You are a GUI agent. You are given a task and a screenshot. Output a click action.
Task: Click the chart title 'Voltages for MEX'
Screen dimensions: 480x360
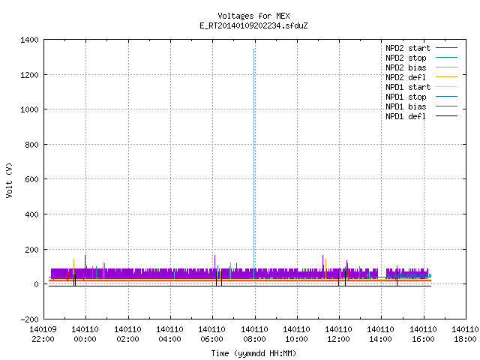(x=253, y=16)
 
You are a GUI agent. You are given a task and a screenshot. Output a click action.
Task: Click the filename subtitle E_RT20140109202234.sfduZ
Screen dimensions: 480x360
(x=253, y=25)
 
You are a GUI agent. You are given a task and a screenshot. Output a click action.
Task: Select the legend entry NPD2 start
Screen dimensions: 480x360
(x=408, y=48)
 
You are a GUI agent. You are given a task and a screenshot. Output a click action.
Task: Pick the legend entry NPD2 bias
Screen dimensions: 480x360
(x=406, y=67)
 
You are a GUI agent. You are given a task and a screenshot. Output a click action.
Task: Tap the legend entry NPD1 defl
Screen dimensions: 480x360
(x=406, y=116)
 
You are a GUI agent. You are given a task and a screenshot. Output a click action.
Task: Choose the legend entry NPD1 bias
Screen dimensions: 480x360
(x=406, y=106)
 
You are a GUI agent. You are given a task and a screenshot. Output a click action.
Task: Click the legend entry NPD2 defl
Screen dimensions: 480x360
(x=406, y=77)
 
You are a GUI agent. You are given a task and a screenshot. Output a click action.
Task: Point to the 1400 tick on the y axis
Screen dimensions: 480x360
(x=29, y=40)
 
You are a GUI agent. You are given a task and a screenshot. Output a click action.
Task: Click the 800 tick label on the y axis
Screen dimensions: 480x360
(x=31, y=145)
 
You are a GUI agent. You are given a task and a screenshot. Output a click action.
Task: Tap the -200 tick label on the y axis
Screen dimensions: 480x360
(x=29, y=319)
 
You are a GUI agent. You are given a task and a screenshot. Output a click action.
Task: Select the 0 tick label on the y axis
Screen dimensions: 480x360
(x=37, y=284)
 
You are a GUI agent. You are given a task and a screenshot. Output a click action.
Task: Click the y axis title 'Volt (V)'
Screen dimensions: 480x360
(x=10, y=180)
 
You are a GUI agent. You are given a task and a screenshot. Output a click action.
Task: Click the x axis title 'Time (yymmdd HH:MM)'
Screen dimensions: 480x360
(x=253, y=353)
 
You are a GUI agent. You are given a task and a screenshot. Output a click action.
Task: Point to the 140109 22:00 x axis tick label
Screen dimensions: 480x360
(x=43, y=334)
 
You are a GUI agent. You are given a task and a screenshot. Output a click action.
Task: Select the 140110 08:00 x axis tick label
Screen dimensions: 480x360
(x=254, y=334)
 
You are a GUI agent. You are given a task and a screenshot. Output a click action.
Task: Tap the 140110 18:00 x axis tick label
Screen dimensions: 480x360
(x=465, y=334)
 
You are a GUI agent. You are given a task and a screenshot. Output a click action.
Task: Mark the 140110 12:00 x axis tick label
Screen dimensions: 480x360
(x=338, y=334)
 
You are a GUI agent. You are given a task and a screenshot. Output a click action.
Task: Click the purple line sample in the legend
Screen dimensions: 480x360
(x=447, y=48)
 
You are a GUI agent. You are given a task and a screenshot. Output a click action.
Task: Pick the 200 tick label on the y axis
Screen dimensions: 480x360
(x=31, y=250)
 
